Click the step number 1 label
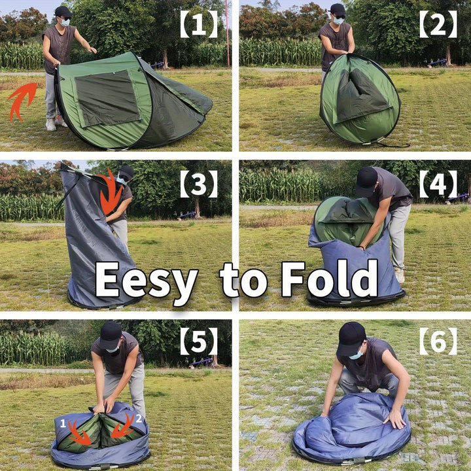(x=199, y=24)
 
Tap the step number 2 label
(x=438, y=24)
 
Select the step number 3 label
(x=199, y=184)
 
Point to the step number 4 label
(x=438, y=184)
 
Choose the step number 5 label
(x=199, y=341)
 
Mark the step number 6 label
(x=438, y=341)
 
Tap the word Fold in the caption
(x=329, y=278)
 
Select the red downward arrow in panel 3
(x=111, y=192)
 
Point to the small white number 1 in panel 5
(x=63, y=423)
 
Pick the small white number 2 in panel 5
(x=139, y=419)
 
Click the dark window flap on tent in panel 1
(x=107, y=97)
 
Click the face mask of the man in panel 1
(x=65, y=22)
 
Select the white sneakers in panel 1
(x=56, y=124)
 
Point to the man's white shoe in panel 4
(x=400, y=275)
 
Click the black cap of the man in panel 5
(x=111, y=335)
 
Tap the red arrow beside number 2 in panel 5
(x=123, y=426)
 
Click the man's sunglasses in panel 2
(x=340, y=16)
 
